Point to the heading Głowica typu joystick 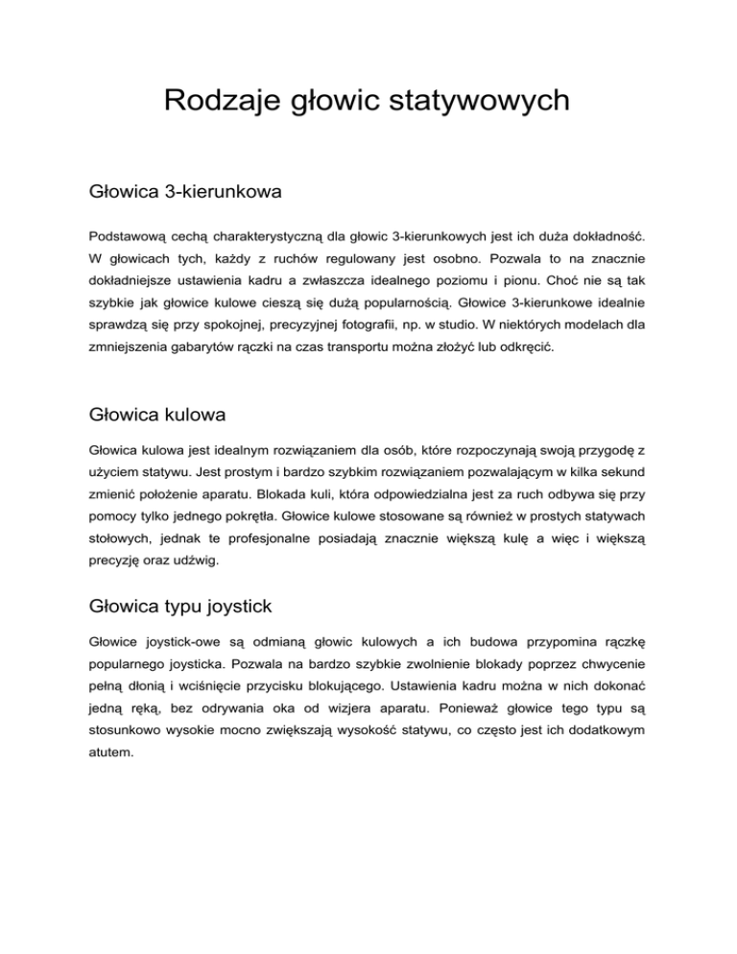coord(180,607)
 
